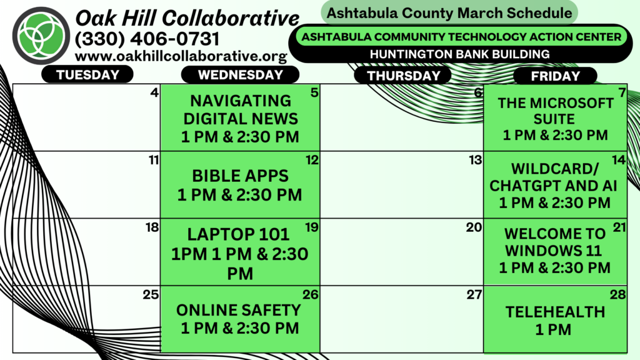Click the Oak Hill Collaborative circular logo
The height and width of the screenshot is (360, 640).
41,36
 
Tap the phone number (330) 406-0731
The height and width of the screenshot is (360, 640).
147,39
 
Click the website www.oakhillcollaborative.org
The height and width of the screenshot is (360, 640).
181,56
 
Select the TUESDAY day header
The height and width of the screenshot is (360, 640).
87,75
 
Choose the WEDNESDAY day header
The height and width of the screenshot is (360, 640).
241,75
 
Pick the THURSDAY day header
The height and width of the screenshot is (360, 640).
403,76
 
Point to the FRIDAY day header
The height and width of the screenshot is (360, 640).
556,76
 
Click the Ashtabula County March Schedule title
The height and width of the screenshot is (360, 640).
449,12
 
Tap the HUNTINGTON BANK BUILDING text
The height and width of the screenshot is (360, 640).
459,54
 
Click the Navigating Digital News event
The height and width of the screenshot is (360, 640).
241,118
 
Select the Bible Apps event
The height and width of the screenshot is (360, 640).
240,185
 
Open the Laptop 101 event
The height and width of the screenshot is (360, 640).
239,254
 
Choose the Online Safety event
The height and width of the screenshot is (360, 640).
239,319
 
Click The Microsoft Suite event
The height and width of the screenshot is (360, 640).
556,119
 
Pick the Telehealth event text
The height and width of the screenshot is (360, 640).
555,321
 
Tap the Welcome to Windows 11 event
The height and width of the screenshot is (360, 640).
555,251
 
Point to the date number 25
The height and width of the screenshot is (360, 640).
151,294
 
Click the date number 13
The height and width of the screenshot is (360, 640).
476,159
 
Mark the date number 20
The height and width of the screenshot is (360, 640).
474,227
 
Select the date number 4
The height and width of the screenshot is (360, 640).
154,92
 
